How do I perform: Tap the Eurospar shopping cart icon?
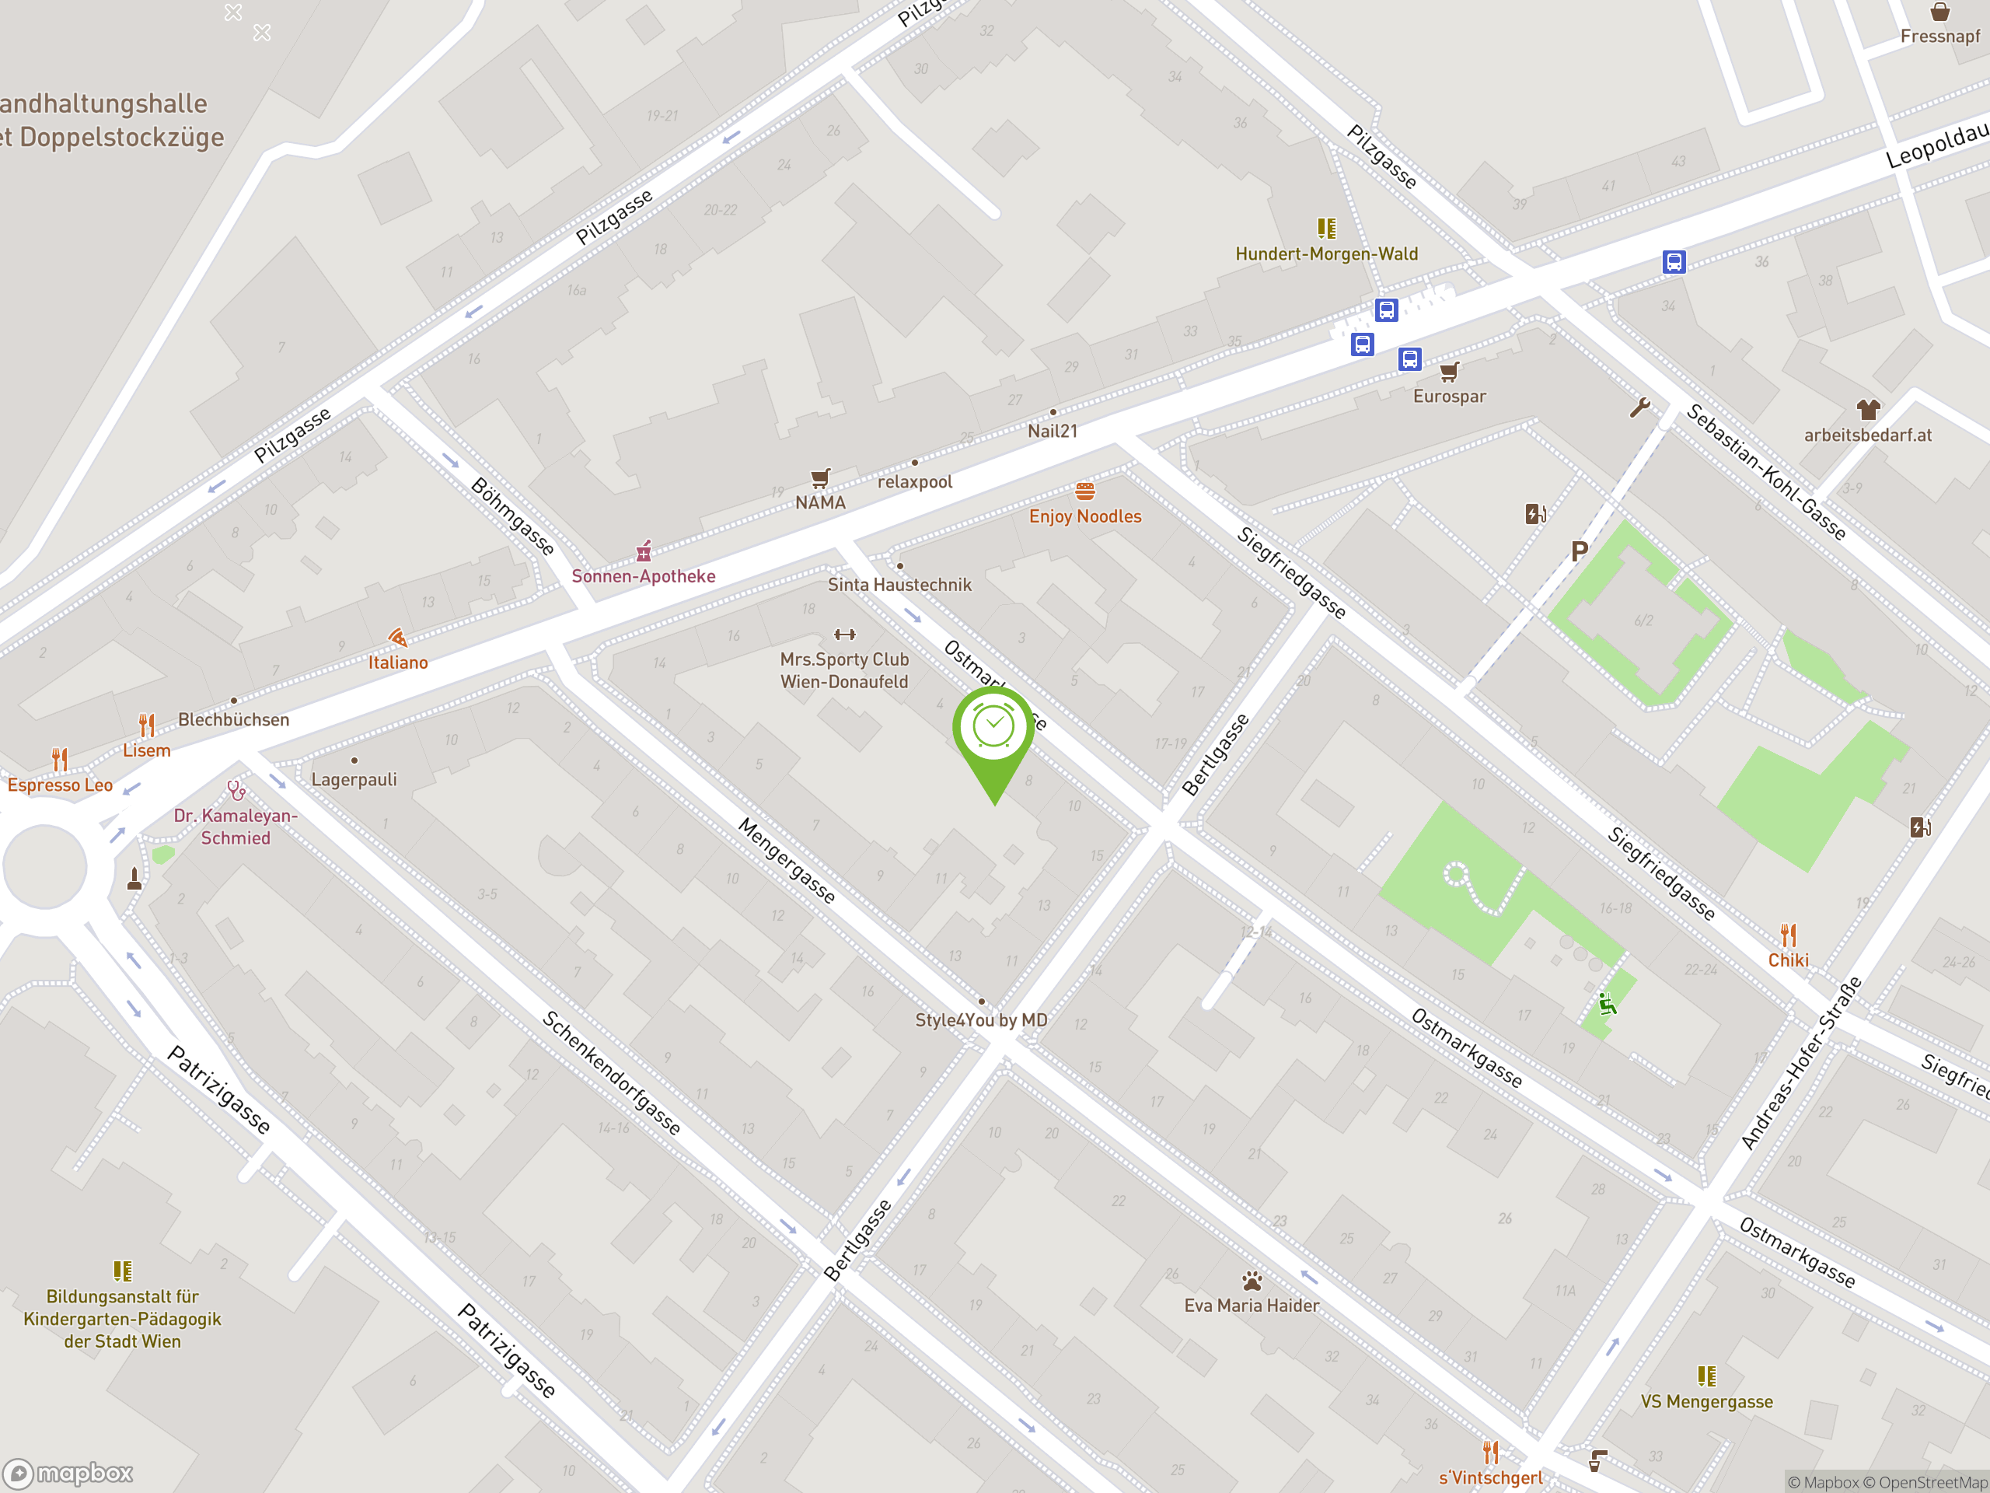coord(1448,372)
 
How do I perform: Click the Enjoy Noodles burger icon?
coord(1085,491)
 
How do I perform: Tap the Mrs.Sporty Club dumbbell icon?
coord(844,635)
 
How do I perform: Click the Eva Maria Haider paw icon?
coord(1252,1281)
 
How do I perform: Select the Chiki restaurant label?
coord(1788,960)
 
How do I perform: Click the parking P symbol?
coord(1579,551)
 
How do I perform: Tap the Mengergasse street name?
coord(787,860)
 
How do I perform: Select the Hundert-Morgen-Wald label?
coord(1326,253)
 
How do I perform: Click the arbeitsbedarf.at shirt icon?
coord(1868,411)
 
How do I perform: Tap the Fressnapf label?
coord(1939,36)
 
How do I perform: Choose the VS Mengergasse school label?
coord(1705,1401)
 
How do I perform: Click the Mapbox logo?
coord(68,1474)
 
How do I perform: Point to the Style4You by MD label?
coord(980,1019)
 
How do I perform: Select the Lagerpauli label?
coord(354,779)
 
